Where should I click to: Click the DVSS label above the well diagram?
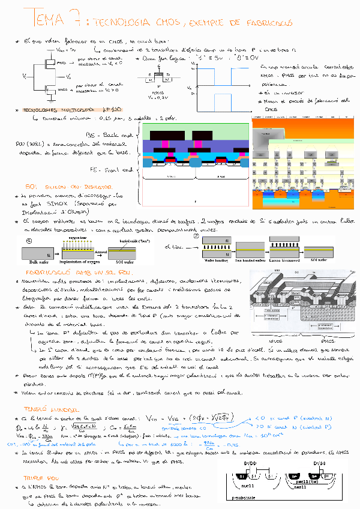point(319,464)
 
